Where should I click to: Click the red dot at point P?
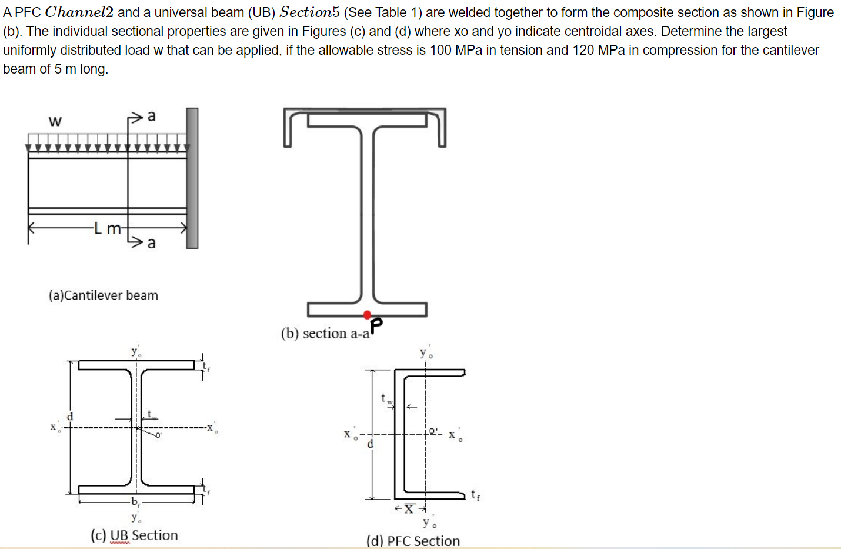point(367,315)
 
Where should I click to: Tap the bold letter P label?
point(376,324)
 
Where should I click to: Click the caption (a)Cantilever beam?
point(104,295)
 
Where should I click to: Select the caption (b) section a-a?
point(325,334)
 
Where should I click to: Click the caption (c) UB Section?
point(134,535)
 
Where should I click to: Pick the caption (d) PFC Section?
point(413,541)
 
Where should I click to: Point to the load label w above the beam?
point(55,121)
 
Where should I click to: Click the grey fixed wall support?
point(192,178)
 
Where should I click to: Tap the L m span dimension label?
point(108,228)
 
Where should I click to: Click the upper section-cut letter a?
point(151,116)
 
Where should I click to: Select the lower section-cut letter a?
point(151,242)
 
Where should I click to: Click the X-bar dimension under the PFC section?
point(409,508)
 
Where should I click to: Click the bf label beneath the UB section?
point(135,502)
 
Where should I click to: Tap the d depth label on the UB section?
point(70,416)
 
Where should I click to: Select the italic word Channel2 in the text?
point(79,12)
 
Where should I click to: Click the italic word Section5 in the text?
point(309,12)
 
